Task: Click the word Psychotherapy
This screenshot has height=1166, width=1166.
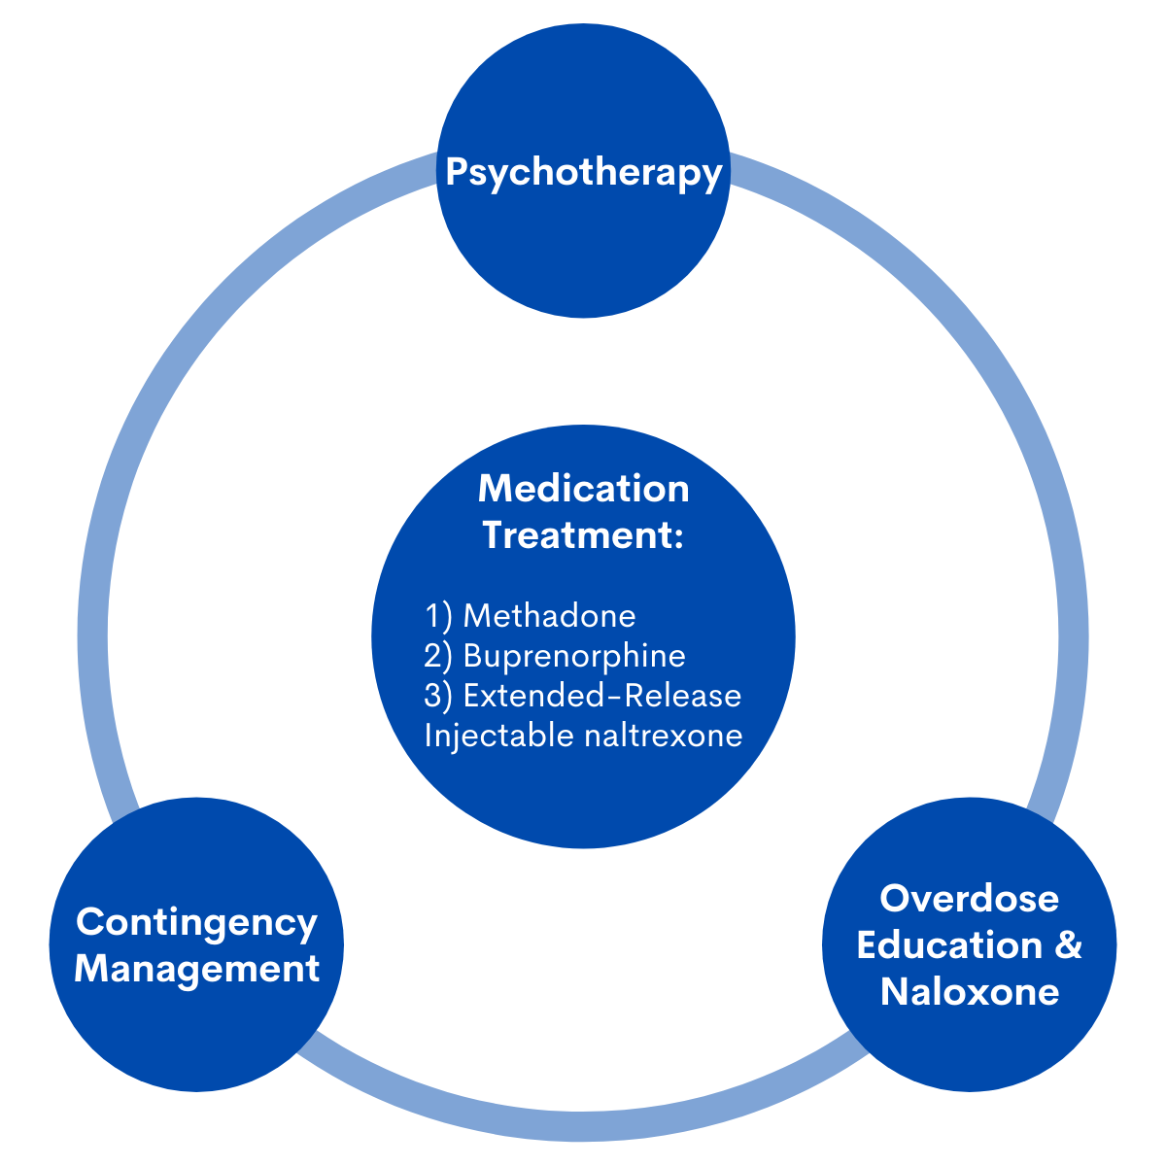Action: pos(584,174)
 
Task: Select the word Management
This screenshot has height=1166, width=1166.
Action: pos(196,969)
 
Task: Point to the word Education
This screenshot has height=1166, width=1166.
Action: pos(949,944)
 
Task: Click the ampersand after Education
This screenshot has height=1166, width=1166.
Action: pos(1068,945)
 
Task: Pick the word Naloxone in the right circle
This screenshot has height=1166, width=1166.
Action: pos(970,992)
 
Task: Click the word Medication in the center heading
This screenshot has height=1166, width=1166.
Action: pos(583,489)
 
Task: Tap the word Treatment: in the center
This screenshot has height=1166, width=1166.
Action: pos(583,535)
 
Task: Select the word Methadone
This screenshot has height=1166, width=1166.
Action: pos(549,616)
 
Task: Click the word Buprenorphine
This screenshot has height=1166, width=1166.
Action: pos(574,657)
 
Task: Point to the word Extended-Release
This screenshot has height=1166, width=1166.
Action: pos(602,696)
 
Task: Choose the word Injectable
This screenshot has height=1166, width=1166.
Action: pos(499,737)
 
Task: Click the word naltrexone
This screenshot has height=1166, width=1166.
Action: pos(664,737)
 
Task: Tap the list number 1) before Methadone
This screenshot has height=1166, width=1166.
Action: pos(438,617)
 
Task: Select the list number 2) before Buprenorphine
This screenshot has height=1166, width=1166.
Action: pos(438,657)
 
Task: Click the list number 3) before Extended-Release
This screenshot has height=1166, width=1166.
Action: pos(438,697)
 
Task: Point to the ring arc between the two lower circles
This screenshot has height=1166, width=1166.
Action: pos(583,1126)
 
